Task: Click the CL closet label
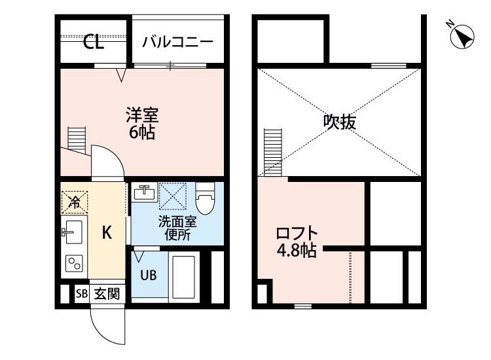click(x=94, y=43)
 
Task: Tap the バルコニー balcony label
click(x=177, y=43)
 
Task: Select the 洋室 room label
click(x=142, y=116)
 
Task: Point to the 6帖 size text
click(x=142, y=133)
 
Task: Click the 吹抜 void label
click(x=340, y=122)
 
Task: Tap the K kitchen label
click(x=107, y=232)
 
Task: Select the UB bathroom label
click(x=148, y=275)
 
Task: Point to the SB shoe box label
click(x=82, y=294)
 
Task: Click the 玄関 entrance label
click(x=107, y=294)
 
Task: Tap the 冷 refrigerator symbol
click(x=74, y=202)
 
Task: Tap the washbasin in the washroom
click(x=144, y=193)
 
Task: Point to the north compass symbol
click(x=462, y=36)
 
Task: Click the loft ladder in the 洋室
click(x=77, y=139)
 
